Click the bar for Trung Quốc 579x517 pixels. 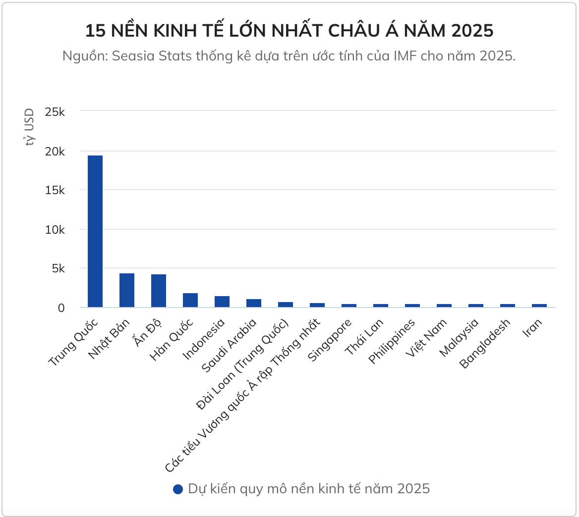click(95, 231)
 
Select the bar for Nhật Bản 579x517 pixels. click(127, 290)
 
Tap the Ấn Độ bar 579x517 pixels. click(159, 291)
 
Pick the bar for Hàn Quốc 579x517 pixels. click(190, 300)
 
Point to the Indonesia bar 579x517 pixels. click(222, 302)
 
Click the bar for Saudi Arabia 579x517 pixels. click(254, 303)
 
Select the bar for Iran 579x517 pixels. click(539, 306)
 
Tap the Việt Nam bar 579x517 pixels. click(444, 306)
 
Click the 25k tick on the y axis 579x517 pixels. click(55, 112)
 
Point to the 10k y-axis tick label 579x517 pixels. click(55, 230)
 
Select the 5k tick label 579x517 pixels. click(58, 269)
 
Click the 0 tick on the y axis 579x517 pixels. click(61, 308)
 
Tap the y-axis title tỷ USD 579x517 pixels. click(30, 127)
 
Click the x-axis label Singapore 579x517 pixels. click(330, 341)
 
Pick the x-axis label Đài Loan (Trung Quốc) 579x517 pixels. click(243, 365)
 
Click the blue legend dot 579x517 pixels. click(178, 489)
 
